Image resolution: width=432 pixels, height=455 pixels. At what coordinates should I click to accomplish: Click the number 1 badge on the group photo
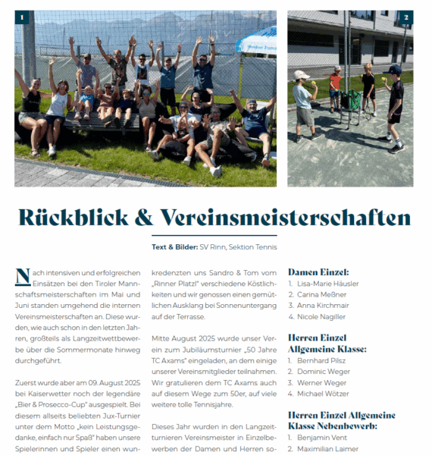(22, 17)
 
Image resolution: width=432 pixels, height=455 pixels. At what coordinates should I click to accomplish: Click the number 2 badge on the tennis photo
(406, 17)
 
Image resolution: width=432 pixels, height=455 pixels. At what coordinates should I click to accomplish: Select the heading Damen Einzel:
(318, 271)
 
